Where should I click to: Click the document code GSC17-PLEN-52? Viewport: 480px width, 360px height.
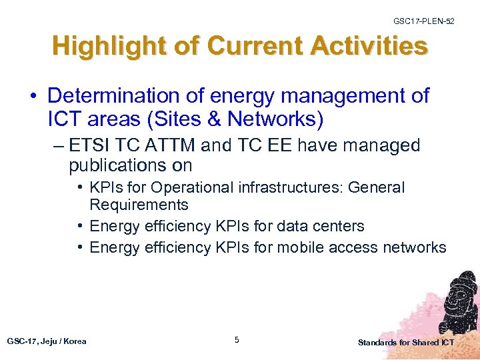[x=424, y=22]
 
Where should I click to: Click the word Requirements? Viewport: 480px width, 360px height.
[x=139, y=205]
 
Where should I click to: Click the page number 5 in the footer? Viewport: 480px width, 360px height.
[x=237, y=341]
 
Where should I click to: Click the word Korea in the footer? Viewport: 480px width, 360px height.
[x=75, y=341]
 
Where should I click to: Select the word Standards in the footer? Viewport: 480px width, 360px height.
[x=377, y=343]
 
